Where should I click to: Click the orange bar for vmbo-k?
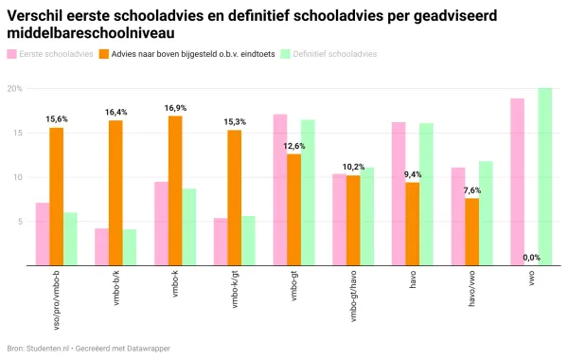tap(175, 190)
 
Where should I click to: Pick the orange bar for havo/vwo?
tap(471, 232)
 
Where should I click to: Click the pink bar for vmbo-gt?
tap(280, 189)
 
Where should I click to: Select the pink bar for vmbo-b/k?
tap(101, 247)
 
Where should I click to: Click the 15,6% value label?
tap(57, 119)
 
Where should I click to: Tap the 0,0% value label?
tap(531, 258)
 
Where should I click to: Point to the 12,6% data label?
tap(294, 146)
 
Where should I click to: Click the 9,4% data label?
tap(413, 174)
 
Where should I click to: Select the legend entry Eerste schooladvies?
tap(56, 54)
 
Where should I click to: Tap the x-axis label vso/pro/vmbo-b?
tap(57, 298)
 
